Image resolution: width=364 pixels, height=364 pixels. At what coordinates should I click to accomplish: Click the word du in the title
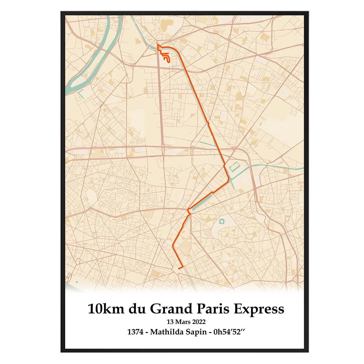click(138, 309)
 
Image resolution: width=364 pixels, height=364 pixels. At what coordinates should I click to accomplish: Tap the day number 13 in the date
click(170, 322)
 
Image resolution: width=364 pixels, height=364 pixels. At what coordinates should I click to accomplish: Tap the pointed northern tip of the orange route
click(158, 44)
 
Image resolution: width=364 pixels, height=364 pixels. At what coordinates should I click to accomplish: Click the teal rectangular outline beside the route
click(233, 168)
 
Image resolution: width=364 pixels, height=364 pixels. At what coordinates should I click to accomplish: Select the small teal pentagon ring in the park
click(221, 221)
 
